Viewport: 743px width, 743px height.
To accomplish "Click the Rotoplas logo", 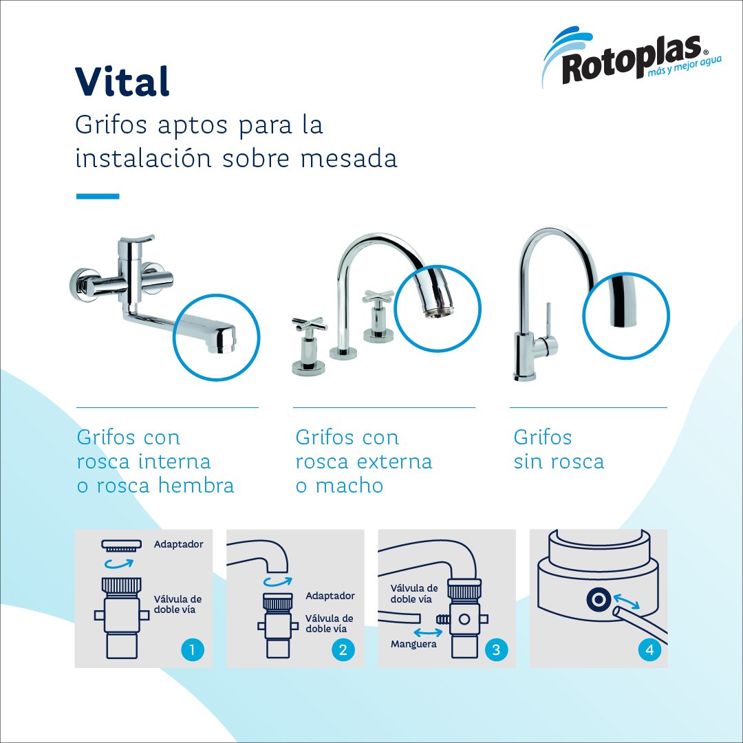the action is pyautogui.click(x=632, y=57).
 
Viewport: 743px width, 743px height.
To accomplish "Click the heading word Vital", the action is pyautogui.click(x=122, y=81).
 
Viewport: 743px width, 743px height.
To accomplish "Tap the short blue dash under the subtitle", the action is pyautogui.click(x=98, y=196).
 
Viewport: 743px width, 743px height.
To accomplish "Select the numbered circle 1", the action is pyautogui.click(x=193, y=649).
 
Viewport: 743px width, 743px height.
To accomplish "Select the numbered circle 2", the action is pyautogui.click(x=343, y=649).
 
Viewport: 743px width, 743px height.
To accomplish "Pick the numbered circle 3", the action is pyautogui.click(x=495, y=649).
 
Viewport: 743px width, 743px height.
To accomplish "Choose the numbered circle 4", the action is pyautogui.click(x=649, y=649).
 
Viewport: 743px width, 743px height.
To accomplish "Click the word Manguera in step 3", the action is pyautogui.click(x=413, y=645).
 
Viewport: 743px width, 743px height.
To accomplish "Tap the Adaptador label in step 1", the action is pyautogui.click(x=179, y=544).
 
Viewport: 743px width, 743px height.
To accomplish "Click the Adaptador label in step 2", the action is pyautogui.click(x=330, y=596).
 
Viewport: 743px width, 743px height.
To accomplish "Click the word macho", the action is pyautogui.click(x=349, y=486).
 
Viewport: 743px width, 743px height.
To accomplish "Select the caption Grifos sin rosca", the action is pyautogui.click(x=559, y=449).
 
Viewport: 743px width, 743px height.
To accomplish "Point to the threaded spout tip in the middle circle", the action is pyautogui.click(x=436, y=312).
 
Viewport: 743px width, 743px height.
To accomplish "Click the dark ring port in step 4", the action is pyautogui.click(x=599, y=600).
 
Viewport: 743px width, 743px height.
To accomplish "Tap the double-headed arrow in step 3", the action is pyautogui.click(x=428, y=632).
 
